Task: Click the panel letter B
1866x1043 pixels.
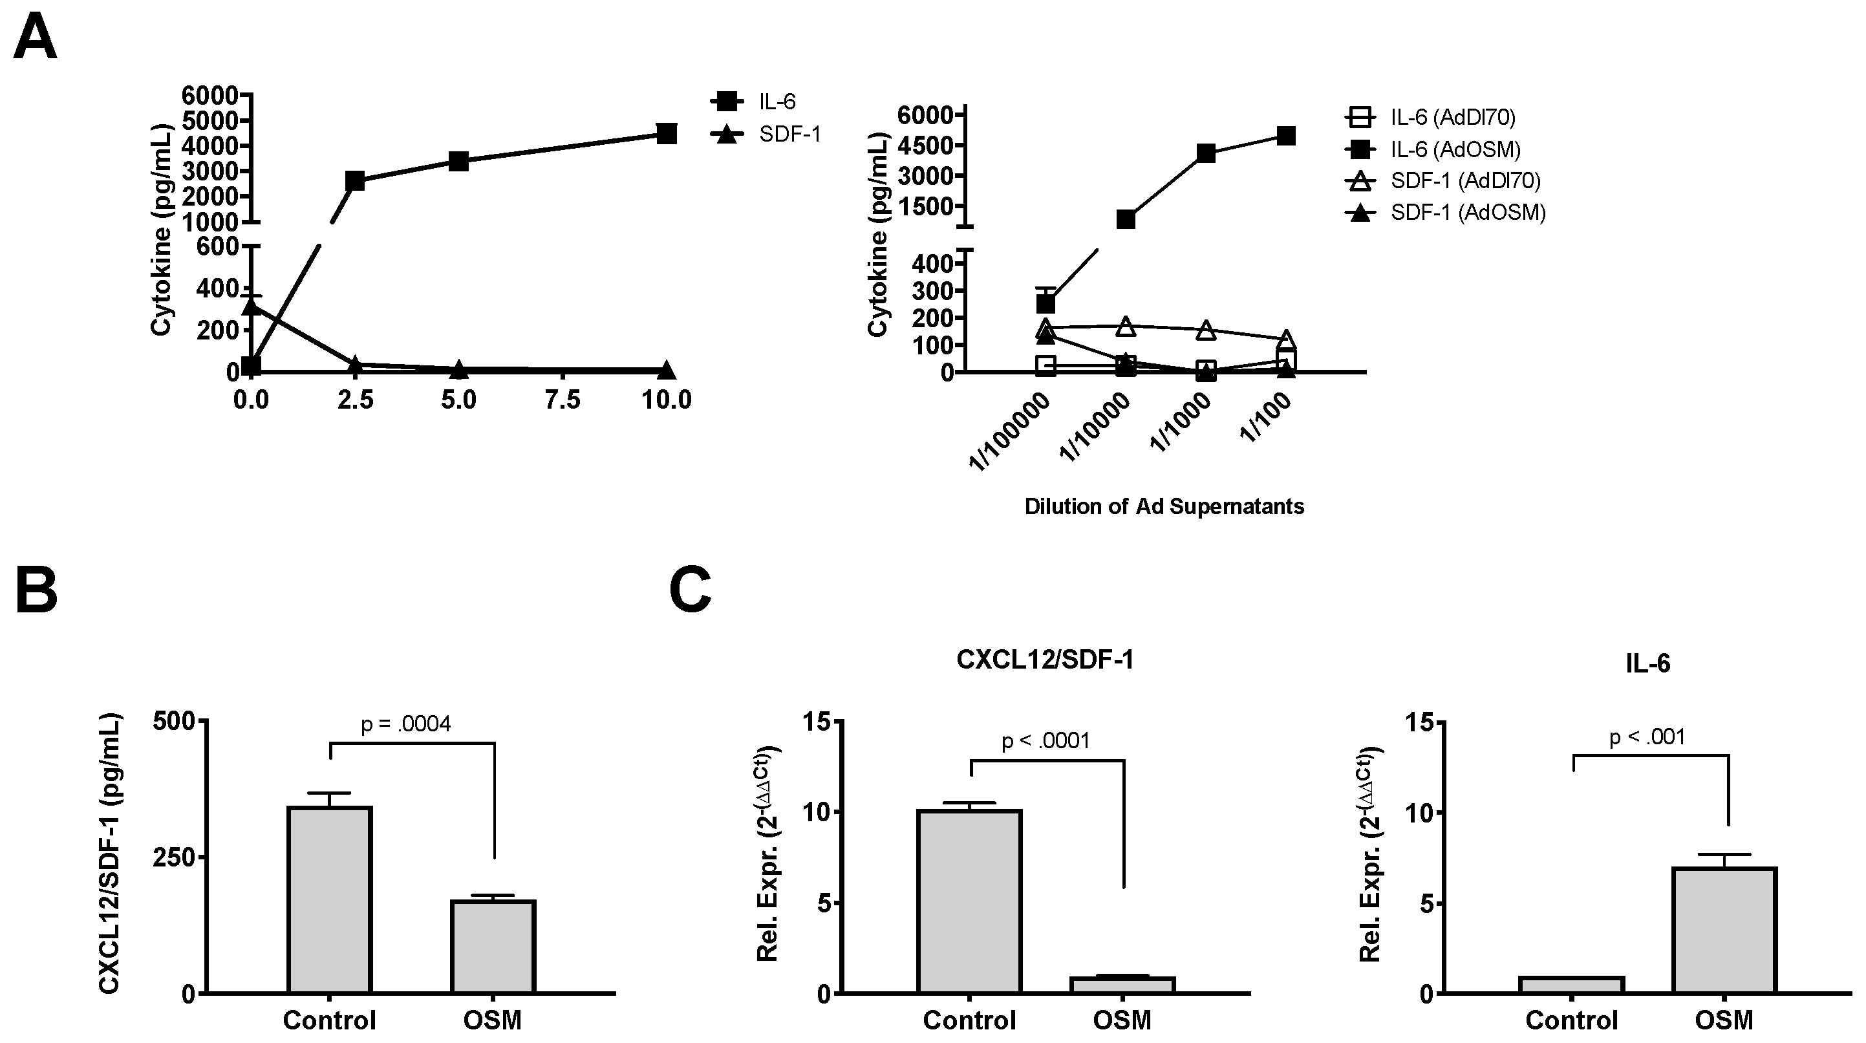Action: click(36, 591)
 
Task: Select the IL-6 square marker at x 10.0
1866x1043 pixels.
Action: click(667, 133)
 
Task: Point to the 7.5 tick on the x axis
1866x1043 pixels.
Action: click(563, 399)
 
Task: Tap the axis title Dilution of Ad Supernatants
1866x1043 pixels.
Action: click(1164, 506)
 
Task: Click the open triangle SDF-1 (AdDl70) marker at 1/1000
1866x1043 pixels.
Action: click(1205, 330)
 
